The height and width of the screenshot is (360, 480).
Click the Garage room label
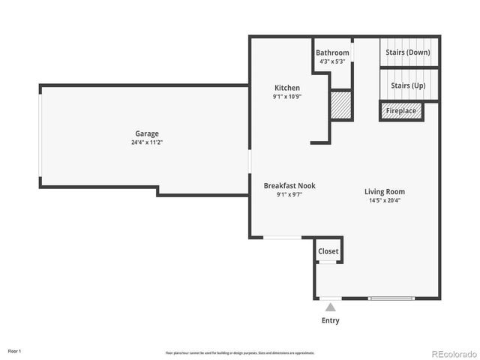pyautogui.click(x=146, y=133)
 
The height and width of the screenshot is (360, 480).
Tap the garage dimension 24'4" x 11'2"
pyautogui.click(x=146, y=142)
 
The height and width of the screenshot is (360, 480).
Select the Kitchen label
pyautogui.click(x=286, y=88)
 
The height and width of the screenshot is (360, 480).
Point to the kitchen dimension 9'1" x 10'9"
pyautogui.click(x=286, y=97)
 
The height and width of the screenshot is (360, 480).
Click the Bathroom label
pyautogui.click(x=332, y=52)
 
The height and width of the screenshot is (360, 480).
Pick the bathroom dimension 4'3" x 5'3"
pyautogui.click(x=331, y=61)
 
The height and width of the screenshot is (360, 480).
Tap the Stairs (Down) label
pyautogui.click(x=408, y=52)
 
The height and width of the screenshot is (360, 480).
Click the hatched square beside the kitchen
pyautogui.click(x=341, y=104)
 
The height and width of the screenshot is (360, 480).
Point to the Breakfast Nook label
pyautogui.click(x=289, y=185)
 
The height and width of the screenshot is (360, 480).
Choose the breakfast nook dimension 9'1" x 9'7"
pyautogui.click(x=289, y=194)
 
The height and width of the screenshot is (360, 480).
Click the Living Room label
pyautogui.click(x=385, y=192)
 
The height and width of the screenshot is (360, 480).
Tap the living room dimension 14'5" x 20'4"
pyautogui.click(x=385, y=201)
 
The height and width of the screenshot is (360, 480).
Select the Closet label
pyautogui.click(x=328, y=251)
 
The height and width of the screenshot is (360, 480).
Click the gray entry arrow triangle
pyautogui.click(x=330, y=306)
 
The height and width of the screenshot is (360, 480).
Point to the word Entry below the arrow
pyautogui.click(x=330, y=320)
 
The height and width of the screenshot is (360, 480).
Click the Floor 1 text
pyautogui.click(x=15, y=351)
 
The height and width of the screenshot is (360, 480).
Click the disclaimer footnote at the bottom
pyautogui.click(x=240, y=352)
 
